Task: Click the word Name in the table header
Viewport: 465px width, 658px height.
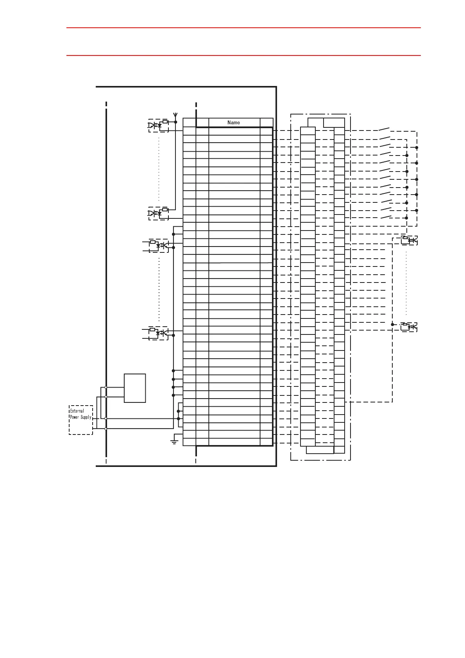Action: (x=234, y=122)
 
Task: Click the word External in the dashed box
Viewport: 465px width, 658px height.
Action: (x=77, y=411)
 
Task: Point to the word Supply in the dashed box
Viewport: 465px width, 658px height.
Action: (x=86, y=417)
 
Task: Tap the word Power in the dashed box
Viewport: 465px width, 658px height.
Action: (x=75, y=417)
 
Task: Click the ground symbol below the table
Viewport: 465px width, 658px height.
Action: (x=174, y=442)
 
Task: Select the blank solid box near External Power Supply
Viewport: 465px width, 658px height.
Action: (x=135, y=388)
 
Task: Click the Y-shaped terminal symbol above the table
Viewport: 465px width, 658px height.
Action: (x=175, y=116)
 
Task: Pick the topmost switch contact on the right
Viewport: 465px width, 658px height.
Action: (x=385, y=129)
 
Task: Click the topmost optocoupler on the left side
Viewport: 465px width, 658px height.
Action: (x=158, y=125)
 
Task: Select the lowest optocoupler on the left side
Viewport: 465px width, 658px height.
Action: (x=159, y=333)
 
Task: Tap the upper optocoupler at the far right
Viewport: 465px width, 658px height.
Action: (x=409, y=240)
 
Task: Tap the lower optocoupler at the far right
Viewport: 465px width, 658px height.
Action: (x=409, y=326)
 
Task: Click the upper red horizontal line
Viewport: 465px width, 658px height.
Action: (x=243, y=28)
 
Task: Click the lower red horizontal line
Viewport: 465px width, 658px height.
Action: (x=243, y=55)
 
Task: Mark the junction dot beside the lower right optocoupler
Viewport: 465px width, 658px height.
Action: (x=392, y=324)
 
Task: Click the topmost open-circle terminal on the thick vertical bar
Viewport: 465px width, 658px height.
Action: (x=106, y=387)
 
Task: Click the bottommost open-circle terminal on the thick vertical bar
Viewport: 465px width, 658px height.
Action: (x=106, y=429)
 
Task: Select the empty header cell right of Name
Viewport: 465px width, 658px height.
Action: (x=266, y=122)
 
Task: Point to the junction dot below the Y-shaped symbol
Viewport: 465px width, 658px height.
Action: (x=175, y=122)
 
